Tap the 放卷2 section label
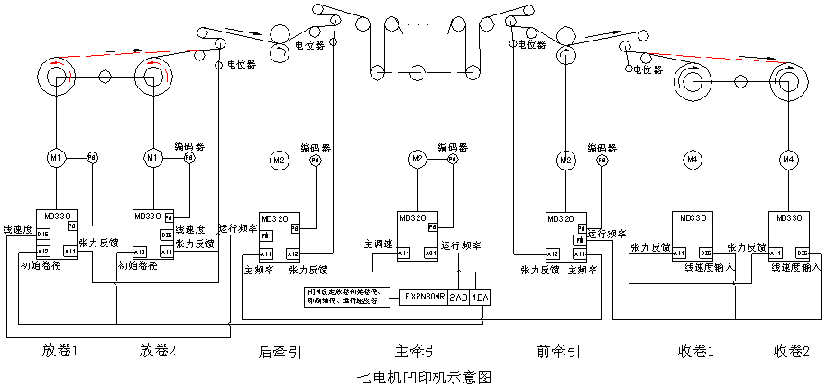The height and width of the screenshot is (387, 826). pos(160,349)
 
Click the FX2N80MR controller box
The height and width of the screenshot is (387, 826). pos(424,297)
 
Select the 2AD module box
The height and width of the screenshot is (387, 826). pos(458,297)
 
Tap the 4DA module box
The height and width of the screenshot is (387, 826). pos(479,297)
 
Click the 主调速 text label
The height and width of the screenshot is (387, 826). pos(377,244)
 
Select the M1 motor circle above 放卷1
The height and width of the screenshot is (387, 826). pos(56,158)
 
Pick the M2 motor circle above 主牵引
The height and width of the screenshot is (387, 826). pos(417,159)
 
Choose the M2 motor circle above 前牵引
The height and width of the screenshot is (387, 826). pos(565,160)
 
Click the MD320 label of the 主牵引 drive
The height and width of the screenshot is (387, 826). pos(411,217)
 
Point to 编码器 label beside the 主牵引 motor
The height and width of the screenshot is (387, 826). pos(453,147)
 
